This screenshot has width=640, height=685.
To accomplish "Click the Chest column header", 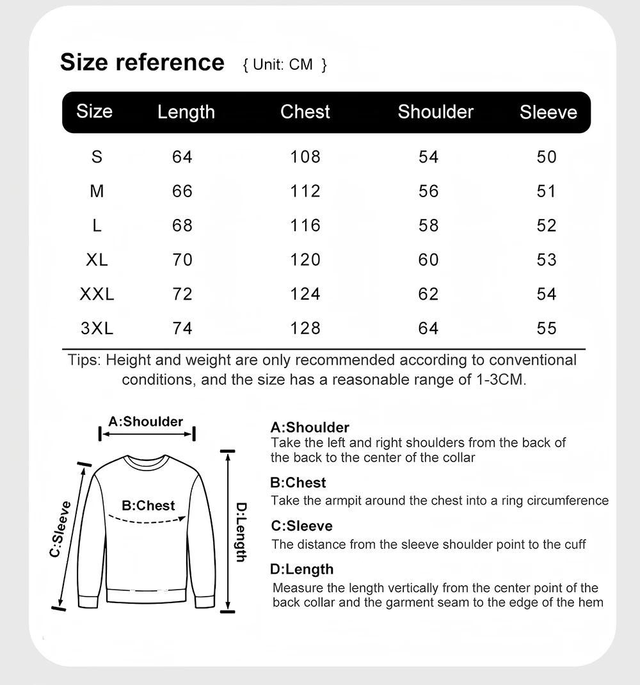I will (305, 112).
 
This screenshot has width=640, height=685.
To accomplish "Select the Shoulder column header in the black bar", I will (435, 112).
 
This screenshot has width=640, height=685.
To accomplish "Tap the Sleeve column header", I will (548, 113).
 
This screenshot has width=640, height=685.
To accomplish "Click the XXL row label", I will (97, 294).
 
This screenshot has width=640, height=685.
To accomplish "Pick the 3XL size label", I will (97, 328).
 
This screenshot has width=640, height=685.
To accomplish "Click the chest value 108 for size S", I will (305, 157).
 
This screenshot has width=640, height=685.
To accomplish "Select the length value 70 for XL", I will (182, 260).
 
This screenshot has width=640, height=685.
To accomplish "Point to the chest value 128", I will (305, 328).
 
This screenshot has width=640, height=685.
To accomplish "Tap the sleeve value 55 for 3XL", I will (547, 328).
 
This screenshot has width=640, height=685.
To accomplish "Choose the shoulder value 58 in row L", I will (428, 225).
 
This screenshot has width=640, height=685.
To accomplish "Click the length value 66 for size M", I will (182, 191).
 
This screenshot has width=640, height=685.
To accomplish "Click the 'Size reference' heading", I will (142, 63).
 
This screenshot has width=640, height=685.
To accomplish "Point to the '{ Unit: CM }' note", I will (285, 65).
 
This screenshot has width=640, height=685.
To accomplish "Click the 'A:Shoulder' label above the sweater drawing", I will (146, 421).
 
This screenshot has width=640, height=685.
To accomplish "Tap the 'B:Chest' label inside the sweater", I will (148, 506).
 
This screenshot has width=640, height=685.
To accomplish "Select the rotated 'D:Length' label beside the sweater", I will (241, 532).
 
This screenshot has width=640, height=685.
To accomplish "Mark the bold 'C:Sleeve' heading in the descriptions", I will (301, 526).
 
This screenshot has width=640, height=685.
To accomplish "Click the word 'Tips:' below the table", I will (84, 360).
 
